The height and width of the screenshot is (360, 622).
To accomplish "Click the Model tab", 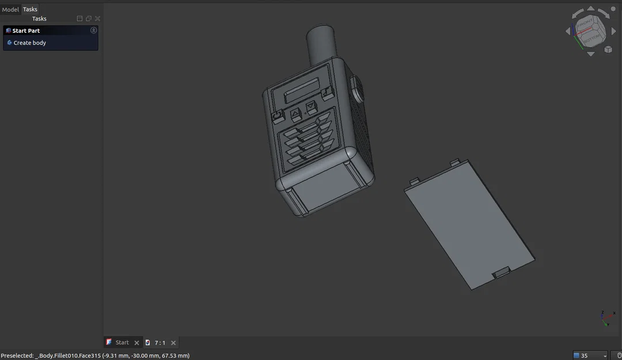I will point(10,9).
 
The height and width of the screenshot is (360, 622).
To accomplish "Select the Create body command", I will point(29,43).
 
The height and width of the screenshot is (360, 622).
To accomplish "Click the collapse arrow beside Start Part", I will point(94,31).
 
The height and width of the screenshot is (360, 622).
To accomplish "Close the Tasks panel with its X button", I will point(98,18).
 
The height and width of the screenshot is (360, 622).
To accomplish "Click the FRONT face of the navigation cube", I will point(585,24).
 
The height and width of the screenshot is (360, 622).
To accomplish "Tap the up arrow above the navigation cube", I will point(591,10).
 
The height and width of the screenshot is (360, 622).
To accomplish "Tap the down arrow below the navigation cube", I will point(591,54).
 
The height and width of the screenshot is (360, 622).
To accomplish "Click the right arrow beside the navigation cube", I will point(613,31).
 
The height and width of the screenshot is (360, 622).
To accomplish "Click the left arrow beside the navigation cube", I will point(568,31).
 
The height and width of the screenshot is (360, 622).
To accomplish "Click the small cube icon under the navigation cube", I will point(608,50).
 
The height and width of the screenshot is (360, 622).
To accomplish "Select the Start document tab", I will point(122,343).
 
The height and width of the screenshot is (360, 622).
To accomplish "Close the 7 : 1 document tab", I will point(173,343).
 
